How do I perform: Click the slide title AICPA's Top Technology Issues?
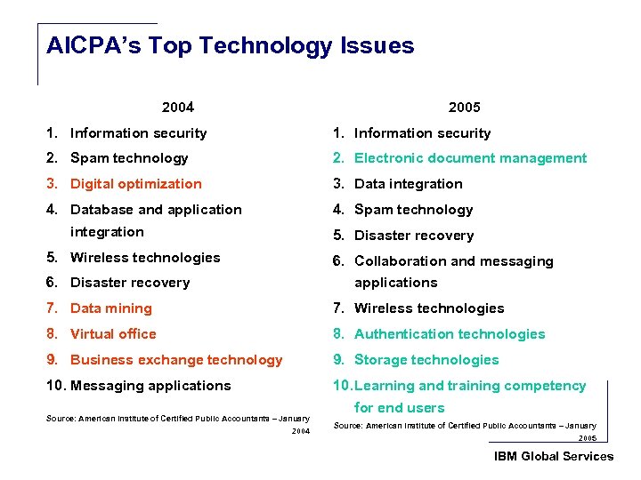point(230,46)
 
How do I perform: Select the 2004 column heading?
point(178,108)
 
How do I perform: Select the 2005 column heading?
point(464,108)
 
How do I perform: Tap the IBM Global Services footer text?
point(554,456)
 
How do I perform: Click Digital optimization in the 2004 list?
point(135,184)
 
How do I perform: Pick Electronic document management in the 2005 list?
point(470,158)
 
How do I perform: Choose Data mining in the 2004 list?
point(110,308)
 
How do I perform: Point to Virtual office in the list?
point(113,334)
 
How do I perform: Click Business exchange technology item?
point(175,360)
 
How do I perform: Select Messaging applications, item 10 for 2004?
point(150,386)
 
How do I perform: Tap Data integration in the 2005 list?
point(408,184)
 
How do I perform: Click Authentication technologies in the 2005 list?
point(449,334)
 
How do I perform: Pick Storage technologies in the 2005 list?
point(426,360)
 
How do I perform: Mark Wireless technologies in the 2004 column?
point(144,258)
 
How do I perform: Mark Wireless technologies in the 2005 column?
point(428,308)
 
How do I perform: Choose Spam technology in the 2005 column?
point(413,210)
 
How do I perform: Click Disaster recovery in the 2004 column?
point(129,283)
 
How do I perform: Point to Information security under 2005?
point(422,133)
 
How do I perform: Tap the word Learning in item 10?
point(384,386)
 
